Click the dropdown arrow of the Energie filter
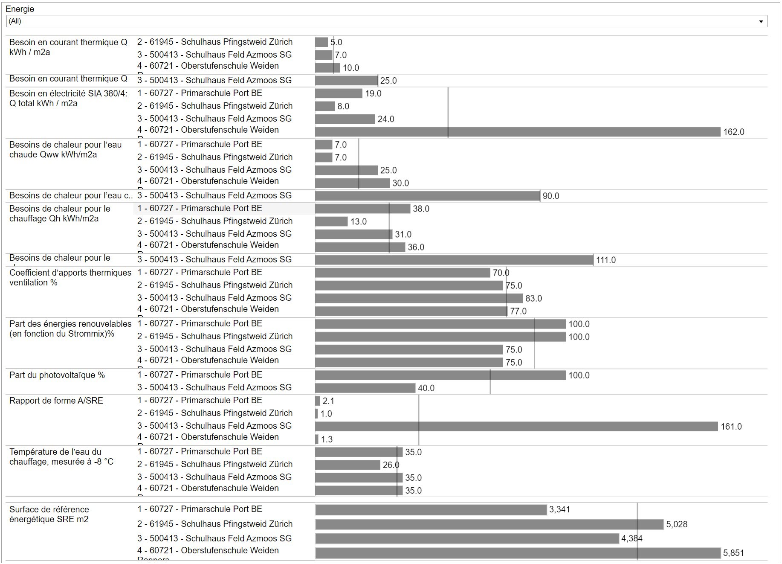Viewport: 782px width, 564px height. (761, 21)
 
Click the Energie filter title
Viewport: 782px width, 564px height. (20, 9)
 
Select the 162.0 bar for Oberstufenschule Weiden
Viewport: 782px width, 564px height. (517, 132)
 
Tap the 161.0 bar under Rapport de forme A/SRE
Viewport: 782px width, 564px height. (516, 426)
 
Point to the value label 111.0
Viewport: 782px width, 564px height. (605, 260)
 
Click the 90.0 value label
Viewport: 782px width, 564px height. (550, 196)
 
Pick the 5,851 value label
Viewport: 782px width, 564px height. (733, 553)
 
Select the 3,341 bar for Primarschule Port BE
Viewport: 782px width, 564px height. (431, 509)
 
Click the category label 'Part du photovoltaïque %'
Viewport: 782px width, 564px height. (57, 375)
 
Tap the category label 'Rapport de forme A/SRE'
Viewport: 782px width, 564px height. (56, 401)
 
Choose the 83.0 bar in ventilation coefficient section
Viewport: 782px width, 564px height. (418, 298)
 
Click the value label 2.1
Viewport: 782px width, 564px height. (328, 401)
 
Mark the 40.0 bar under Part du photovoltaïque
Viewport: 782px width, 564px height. (365, 388)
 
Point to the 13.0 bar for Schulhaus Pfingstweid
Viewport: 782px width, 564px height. (331, 221)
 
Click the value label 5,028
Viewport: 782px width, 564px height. (677, 524)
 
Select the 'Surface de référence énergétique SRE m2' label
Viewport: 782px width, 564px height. (49, 514)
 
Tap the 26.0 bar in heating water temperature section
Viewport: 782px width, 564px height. (348, 465)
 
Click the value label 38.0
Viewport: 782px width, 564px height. (421, 209)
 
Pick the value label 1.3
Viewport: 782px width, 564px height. (327, 439)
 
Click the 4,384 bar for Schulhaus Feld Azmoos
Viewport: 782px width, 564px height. (467, 538)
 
